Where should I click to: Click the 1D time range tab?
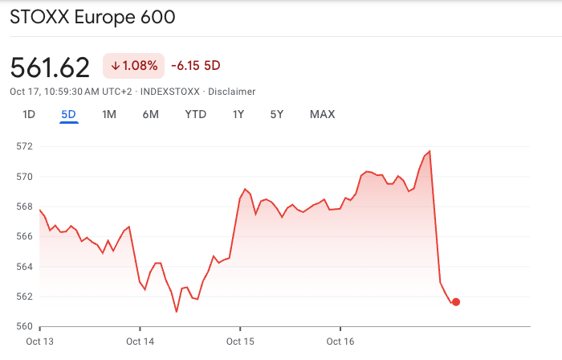(x=29, y=114)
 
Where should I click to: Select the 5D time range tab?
(x=68, y=114)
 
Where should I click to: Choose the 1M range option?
(x=109, y=114)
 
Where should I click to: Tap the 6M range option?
(x=150, y=114)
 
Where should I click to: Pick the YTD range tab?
(x=195, y=114)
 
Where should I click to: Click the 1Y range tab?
(x=238, y=114)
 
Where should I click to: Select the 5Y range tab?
(x=277, y=114)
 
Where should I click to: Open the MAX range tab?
(x=322, y=114)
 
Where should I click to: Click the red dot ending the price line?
(x=456, y=302)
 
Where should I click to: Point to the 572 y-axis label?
(x=24, y=146)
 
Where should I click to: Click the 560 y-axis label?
(x=24, y=326)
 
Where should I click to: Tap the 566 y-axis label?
(x=24, y=236)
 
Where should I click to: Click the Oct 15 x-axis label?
(x=239, y=342)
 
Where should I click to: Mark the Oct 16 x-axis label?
(x=340, y=342)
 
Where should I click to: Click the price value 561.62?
(x=50, y=67)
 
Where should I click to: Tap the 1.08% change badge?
(x=133, y=65)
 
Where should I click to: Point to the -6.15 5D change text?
(x=195, y=65)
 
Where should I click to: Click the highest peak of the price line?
(x=430, y=151)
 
